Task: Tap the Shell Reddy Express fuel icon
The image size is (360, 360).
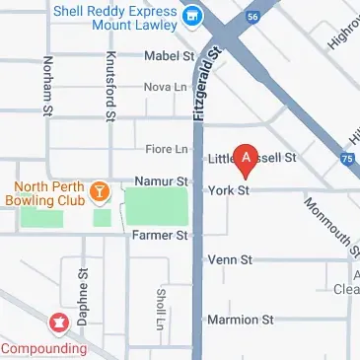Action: [193, 16]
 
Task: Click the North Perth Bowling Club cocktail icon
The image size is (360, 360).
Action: [99, 191]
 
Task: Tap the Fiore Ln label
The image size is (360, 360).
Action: [166, 149]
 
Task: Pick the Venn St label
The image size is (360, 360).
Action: [230, 259]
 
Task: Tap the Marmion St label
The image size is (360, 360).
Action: [240, 321]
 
